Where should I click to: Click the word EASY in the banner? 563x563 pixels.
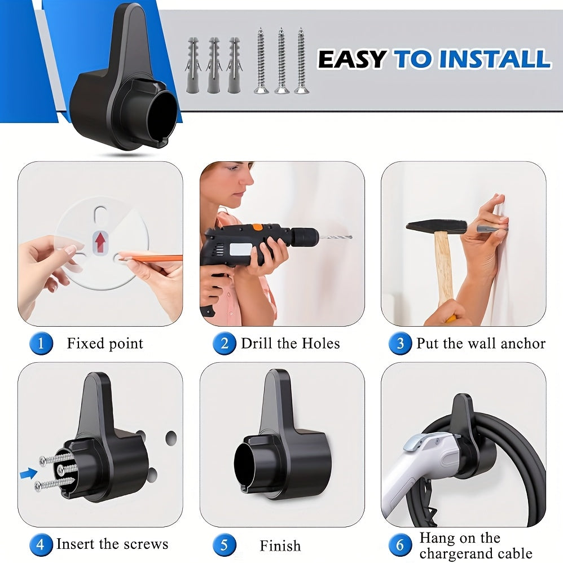click(352, 59)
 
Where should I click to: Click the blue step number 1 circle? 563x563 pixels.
click(41, 344)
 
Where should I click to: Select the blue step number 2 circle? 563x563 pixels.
click(224, 344)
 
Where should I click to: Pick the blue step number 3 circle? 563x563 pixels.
click(400, 344)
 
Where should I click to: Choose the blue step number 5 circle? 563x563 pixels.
click(224, 546)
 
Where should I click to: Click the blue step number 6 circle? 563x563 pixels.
click(400, 545)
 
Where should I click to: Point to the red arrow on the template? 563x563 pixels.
click(100, 243)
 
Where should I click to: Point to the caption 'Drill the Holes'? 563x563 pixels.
click(291, 344)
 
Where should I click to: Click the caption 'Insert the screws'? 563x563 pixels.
click(112, 544)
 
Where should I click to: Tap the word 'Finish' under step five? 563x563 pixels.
click(280, 546)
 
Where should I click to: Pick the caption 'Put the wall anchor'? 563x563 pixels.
click(481, 344)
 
